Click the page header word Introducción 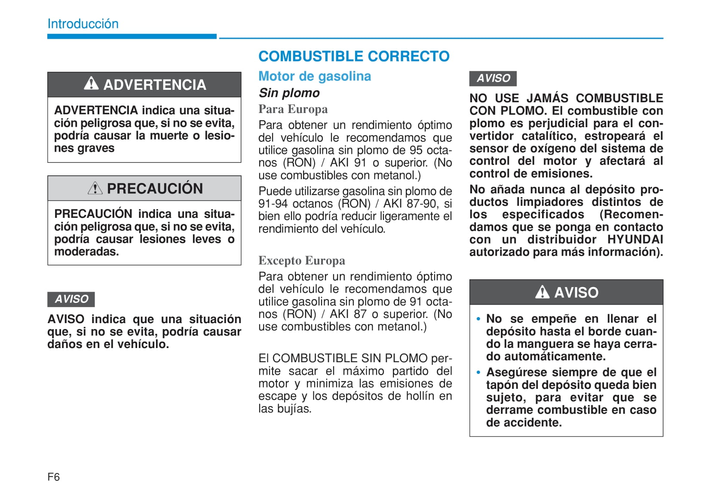coord(83,24)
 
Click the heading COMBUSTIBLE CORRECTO coord(354,56)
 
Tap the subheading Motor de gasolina coord(314,76)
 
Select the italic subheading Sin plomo coord(289,93)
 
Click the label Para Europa coord(293,109)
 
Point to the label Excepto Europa coord(301,260)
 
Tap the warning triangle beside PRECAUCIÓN coord(95,188)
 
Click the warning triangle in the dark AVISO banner coord(542,292)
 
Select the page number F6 coord(54,477)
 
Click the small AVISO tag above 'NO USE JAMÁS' coord(493,78)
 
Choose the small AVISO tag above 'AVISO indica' coord(71,299)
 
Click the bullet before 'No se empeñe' coord(478,319)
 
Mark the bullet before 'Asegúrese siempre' coord(478,373)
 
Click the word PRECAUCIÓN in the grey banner coord(155,189)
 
